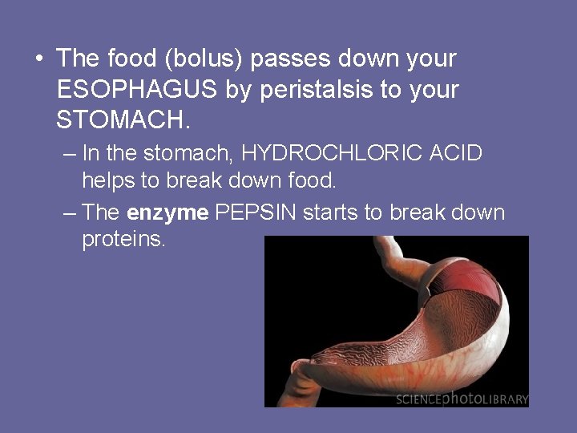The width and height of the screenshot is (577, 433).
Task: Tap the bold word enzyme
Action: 167,212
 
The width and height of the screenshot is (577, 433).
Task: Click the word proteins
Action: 123,240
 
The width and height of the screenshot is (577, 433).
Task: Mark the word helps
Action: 109,180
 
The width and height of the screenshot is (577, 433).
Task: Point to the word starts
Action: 341,212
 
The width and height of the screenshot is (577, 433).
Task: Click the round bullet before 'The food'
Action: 38,59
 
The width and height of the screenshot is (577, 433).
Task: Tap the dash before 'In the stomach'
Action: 69,153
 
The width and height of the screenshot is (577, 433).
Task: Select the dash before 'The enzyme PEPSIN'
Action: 69,212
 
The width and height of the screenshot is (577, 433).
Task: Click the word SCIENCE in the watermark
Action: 418,399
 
